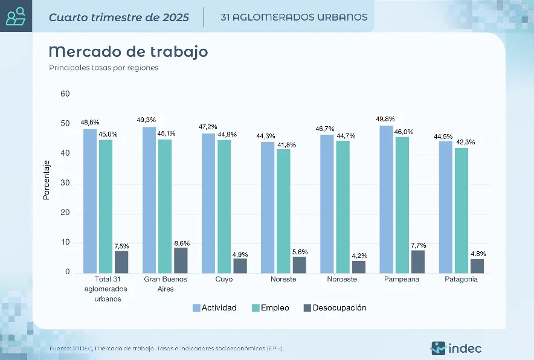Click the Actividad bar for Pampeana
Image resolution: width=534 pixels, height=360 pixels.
[x=386, y=199]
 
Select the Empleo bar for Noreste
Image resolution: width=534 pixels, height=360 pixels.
[x=283, y=211]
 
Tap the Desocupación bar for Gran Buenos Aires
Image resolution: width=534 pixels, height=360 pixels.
[x=181, y=260]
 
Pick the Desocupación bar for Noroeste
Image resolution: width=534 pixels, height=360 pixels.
[x=359, y=267]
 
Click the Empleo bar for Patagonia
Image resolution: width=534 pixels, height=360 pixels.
[x=461, y=210]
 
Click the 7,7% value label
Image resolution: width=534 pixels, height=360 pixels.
[x=418, y=245]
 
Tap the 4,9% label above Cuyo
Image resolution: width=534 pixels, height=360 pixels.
[x=240, y=254]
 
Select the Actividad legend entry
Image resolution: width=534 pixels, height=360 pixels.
[x=214, y=308]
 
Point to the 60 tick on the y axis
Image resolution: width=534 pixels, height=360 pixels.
[x=65, y=94]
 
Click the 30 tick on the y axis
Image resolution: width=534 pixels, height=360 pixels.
[x=65, y=184]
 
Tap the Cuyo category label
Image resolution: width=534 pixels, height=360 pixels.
[x=224, y=280]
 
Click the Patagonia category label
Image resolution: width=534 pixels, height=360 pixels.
[x=461, y=280]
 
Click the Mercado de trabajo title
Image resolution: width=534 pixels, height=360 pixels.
[x=128, y=51]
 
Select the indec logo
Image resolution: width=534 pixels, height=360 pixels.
[x=457, y=348]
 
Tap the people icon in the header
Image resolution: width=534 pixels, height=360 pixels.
[x=16, y=16]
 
